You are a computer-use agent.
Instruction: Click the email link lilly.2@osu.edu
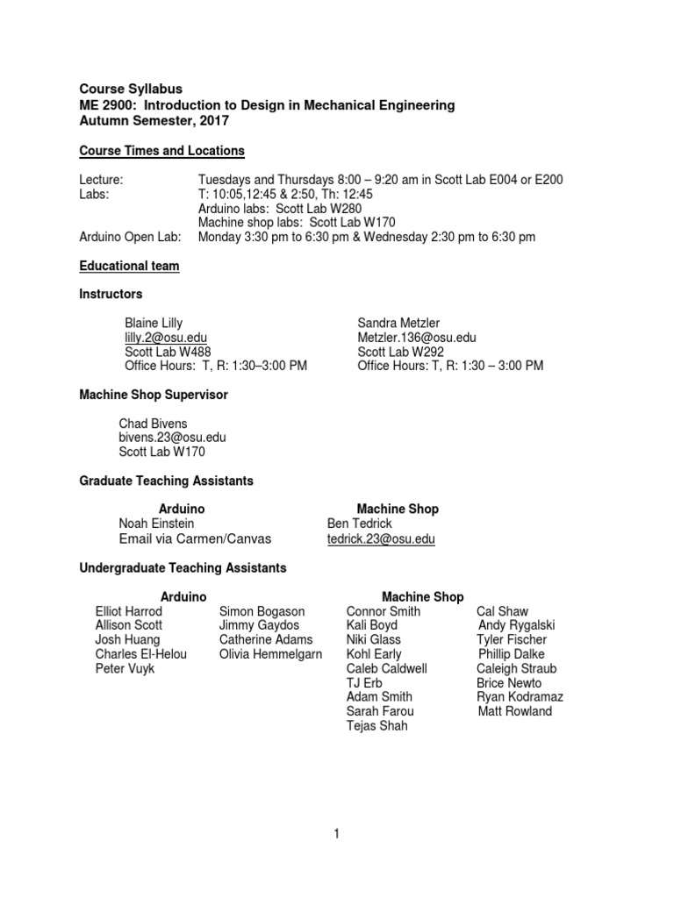(x=166, y=337)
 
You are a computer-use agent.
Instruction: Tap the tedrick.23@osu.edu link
(x=381, y=538)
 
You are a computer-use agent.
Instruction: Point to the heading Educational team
(x=130, y=266)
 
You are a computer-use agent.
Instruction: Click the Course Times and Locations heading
(x=162, y=151)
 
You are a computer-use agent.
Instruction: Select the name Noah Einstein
(x=157, y=524)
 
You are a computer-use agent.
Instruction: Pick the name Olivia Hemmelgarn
(x=271, y=654)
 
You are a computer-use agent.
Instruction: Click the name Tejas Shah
(x=377, y=726)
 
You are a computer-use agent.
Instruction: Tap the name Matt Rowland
(x=515, y=711)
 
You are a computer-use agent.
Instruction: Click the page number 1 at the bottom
(x=336, y=834)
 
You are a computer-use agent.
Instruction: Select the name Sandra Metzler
(x=399, y=323)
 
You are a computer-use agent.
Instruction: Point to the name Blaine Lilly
(x=154, y=323)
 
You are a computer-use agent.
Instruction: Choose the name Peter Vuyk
(x=124, y=668)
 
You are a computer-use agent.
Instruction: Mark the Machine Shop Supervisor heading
(x=154, y=395)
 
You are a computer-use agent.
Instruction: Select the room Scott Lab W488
(x=163, y=351)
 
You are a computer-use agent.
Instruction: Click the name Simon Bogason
(x=262, y=611)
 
